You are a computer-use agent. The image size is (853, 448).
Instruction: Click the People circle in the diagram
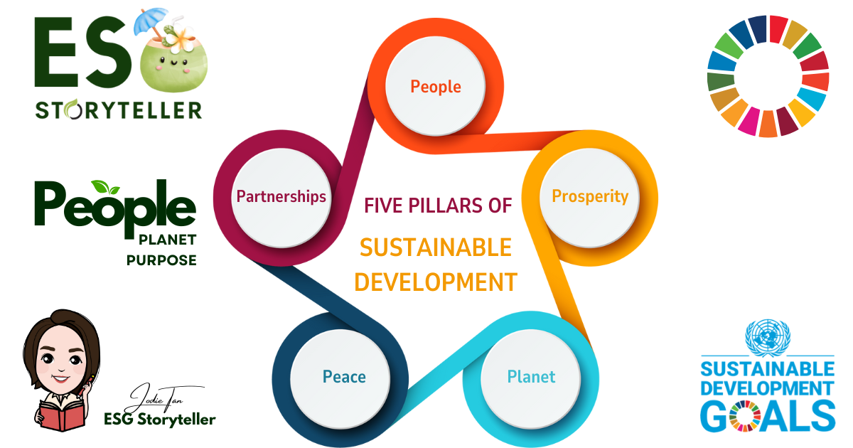(435, 87)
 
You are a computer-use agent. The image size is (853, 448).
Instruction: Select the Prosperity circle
(590, 196)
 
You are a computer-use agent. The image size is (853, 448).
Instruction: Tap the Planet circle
(531, 376)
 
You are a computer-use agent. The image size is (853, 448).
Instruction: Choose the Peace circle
(344, 376)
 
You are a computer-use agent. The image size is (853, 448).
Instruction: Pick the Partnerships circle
(281, 196)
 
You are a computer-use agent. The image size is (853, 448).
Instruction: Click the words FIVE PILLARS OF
(438, 206)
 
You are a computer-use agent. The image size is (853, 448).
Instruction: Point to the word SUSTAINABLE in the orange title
(435, 247)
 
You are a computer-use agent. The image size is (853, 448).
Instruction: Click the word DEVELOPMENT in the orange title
(435, 282)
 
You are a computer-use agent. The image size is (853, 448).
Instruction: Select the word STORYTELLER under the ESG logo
(119, 110)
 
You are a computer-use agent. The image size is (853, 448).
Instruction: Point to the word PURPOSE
(161, 260)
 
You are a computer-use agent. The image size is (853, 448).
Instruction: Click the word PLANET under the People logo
(168, 240)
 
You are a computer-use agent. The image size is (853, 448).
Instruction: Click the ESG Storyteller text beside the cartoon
(159, 419)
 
